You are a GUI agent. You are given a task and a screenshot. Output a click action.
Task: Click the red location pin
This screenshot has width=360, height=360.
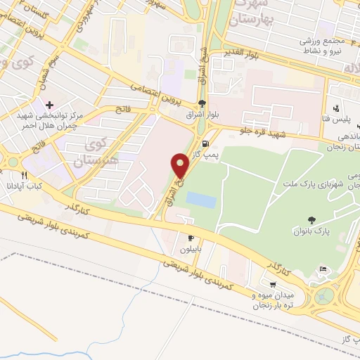click(181, 165)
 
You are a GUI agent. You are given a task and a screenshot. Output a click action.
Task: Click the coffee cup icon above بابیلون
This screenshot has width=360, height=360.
click(190, 239)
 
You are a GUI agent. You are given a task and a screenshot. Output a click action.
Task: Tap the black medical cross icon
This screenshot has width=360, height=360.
click(49, 105)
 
